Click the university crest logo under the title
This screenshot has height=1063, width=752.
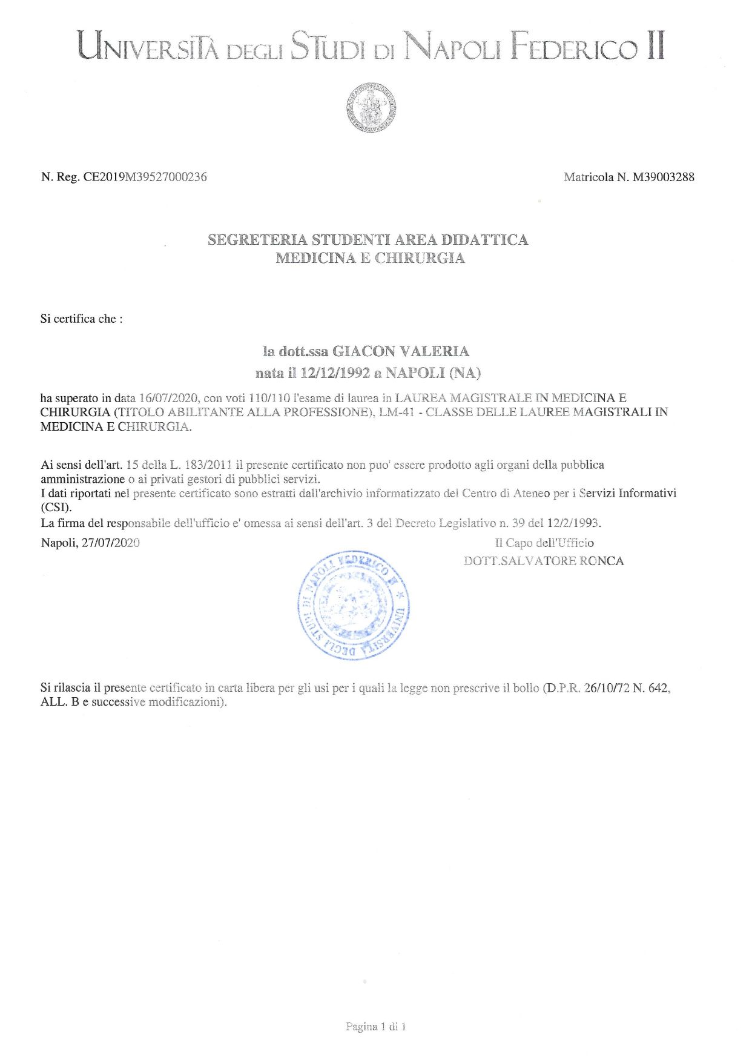[x=371, y=108]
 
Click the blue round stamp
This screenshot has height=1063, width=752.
[x=354, y=605]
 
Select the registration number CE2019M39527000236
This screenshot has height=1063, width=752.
[x=145, y=177]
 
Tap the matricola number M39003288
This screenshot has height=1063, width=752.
[x=663, y=177]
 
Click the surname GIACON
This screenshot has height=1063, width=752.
[x=364, y=351]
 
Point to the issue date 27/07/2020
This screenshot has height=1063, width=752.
[x=110, y=543]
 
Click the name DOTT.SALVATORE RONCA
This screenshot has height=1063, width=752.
[x=543, y=561]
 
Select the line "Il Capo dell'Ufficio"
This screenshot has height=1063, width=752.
[x=544, y=543]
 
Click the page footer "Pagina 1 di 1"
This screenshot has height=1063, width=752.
[x=375, y=1026]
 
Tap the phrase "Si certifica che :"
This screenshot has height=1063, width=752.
[x=81, y=319]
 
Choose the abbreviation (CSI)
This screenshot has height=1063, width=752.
[x=56, y=508]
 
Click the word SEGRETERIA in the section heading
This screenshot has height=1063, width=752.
[x=257, y=240]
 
